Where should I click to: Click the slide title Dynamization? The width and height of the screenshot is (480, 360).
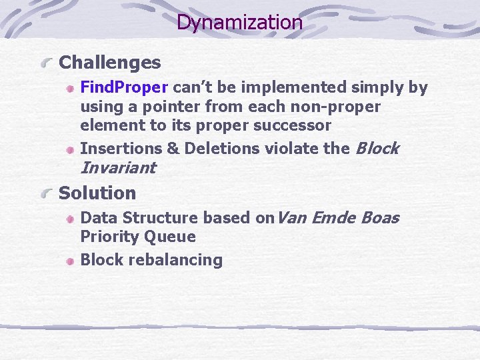(x=239, y=23)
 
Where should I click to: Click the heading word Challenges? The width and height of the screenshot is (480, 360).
(x=110, y=63)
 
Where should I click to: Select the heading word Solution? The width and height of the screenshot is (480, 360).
(x=97, y=193)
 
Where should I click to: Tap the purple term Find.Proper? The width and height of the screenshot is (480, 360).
(x=124, y=87)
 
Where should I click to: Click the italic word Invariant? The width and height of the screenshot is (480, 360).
(x=118, y=168)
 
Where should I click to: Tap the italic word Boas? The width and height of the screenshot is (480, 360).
(x=379, y=217)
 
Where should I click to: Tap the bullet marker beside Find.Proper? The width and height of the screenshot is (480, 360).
(x=70, y=89)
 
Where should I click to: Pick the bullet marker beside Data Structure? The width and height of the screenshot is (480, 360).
(x=70, y=219)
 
